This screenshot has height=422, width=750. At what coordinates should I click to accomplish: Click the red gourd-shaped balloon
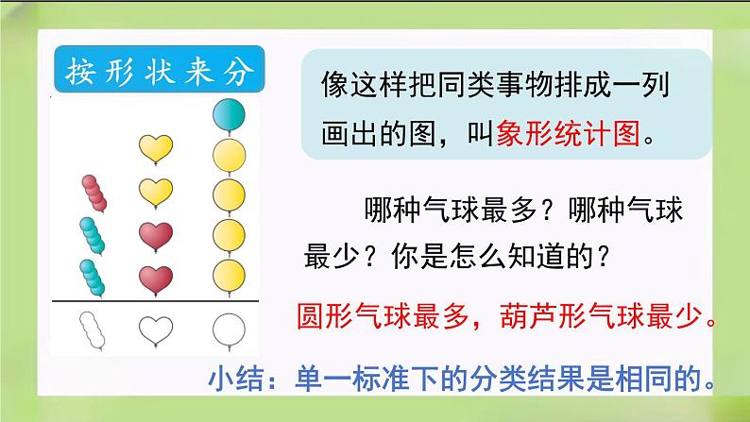93,192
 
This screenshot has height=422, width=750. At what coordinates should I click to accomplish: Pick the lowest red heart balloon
155,279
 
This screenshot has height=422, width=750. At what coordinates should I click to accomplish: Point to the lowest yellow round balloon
228,272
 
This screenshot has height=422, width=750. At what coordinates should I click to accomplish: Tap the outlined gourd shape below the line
93,330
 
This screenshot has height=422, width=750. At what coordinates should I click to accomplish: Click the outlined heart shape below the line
156,329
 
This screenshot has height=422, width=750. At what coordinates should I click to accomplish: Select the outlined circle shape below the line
228,329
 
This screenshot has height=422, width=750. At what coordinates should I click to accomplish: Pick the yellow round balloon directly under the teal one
228,153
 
